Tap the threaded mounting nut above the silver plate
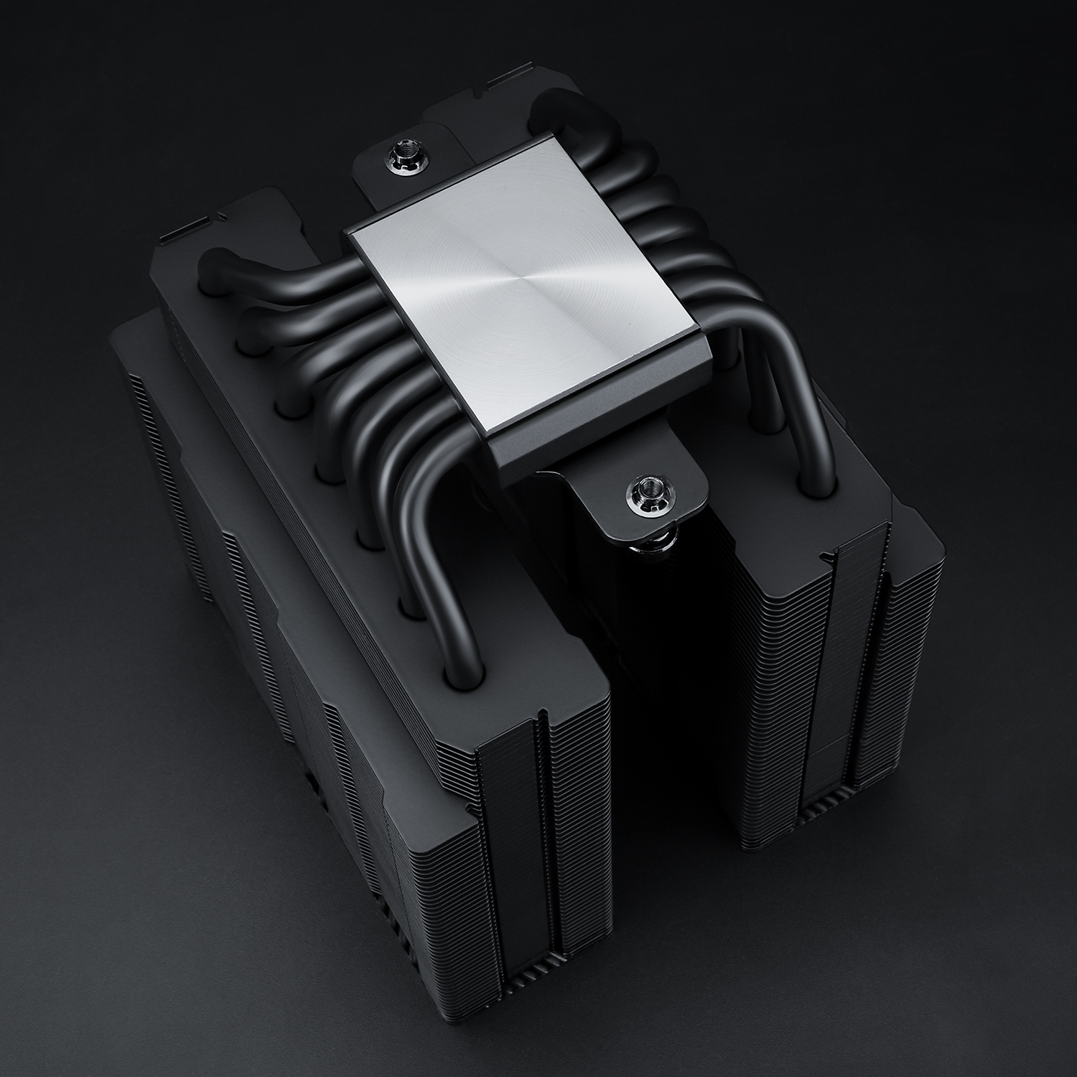tap(396, 154)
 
